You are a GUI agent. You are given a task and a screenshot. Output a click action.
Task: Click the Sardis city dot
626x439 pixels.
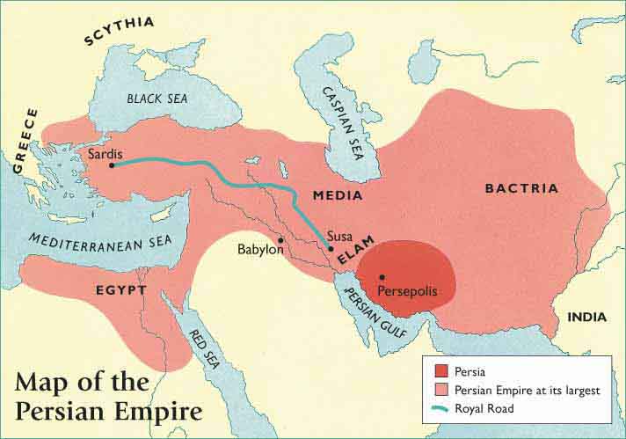(x=113, y=164)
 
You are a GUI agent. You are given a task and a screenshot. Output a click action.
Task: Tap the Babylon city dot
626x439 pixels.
(x=280, y=240)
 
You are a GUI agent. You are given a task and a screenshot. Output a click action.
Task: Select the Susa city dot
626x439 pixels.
(x=331, y=249)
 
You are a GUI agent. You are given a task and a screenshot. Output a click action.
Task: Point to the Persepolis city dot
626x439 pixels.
(x=382, y=277)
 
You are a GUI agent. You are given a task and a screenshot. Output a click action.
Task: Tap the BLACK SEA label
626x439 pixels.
(x=158, y=99)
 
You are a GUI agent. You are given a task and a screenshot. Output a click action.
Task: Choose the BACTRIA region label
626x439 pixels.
(x=521, y=188)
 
